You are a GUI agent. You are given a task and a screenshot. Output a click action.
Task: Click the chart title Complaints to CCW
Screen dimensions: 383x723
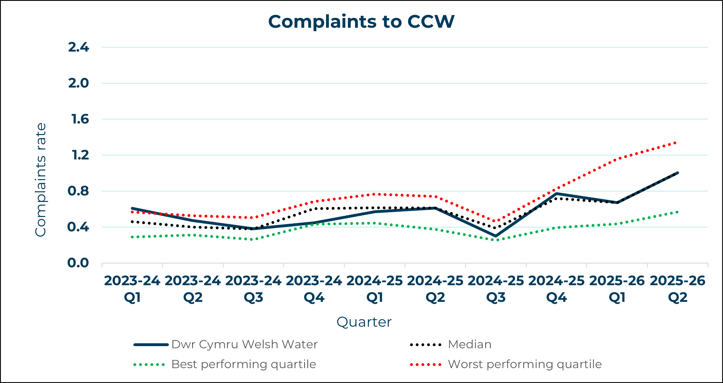coord(361,22)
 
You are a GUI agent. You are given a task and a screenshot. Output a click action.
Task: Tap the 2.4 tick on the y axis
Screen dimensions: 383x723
coord(79,47)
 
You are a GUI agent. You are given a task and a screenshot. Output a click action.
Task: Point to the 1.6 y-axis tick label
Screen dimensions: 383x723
coord(80,119)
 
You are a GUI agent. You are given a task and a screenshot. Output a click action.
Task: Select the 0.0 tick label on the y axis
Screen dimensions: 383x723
coord(78,263)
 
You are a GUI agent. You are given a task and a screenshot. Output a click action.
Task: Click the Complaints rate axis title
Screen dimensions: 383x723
coord(41,180)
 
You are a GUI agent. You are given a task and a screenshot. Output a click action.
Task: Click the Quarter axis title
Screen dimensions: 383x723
coord(364,322)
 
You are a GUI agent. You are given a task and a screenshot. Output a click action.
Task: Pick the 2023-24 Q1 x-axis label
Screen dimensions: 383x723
coord(132,289)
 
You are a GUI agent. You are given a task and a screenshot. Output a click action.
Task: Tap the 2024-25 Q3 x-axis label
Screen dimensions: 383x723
coord(496,289)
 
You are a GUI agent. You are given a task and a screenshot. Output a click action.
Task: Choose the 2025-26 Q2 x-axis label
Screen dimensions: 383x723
coord(678,289)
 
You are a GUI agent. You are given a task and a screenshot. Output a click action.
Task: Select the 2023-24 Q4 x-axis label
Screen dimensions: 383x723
coord(314,289)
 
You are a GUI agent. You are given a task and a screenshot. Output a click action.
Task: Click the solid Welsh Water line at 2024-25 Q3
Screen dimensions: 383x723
coord(496,236)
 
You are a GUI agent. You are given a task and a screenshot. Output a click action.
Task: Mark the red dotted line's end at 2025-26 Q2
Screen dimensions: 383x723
coord(676,143)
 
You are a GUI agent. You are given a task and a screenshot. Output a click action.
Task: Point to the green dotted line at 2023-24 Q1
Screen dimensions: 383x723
coord(132,237)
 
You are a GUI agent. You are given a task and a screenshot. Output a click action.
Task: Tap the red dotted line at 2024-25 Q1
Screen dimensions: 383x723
coord(375,194)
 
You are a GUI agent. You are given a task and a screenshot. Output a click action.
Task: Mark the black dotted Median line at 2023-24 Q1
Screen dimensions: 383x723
coord(132,222)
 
